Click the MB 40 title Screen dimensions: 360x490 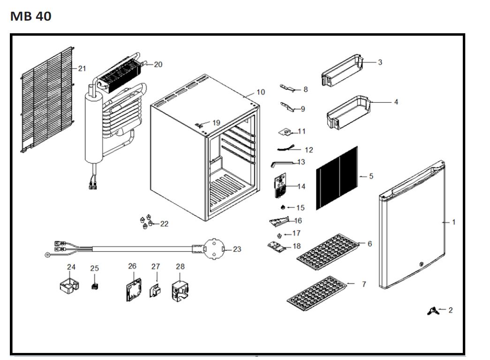coord(30,16)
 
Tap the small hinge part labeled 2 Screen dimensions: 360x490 coord(380,62)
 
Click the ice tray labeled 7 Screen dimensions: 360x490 coord(261,92)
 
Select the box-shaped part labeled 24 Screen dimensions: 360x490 coord(95,286)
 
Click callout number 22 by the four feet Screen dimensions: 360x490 coord(164,224)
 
